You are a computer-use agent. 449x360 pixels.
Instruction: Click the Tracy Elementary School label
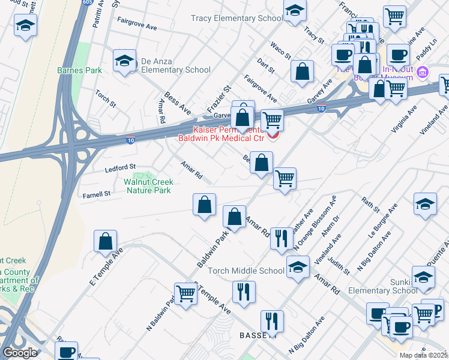point(237,19)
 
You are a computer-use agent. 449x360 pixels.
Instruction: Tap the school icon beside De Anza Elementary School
point(124,61)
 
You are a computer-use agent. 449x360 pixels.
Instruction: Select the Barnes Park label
point(79,70)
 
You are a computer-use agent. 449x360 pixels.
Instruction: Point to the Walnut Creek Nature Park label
point(148,186)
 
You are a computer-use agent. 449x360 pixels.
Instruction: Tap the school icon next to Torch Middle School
point(298,268)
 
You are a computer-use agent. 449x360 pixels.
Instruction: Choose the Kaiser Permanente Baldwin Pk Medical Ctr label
point(221,134)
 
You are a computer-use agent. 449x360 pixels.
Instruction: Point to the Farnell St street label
point(97,194)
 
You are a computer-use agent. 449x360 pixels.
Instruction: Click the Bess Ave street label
point(177,101)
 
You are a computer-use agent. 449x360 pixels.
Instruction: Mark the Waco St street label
point(280,50)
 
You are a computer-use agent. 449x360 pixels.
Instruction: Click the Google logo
point(20,352)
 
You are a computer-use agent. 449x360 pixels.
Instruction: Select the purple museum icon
point(423,72)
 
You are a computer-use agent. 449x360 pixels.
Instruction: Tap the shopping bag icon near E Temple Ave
point(105,241)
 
